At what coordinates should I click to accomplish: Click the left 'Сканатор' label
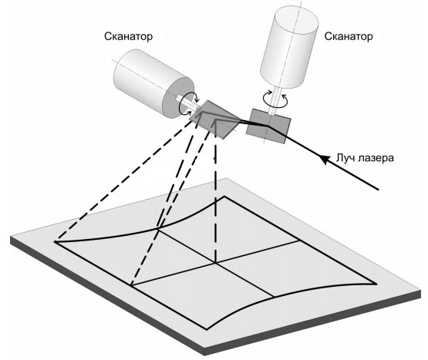[128, 36]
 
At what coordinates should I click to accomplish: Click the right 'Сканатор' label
[349, 36]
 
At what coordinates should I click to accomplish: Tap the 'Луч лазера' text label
[365, 158]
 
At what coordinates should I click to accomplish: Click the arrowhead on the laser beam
[324, 159]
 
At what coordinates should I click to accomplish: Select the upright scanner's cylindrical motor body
[289, 47]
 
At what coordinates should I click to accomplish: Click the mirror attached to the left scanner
[216, 119]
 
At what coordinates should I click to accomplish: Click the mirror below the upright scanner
[268, 126]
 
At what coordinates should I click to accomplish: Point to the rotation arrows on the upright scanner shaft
[275, 99]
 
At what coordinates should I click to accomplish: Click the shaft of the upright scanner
[275, 100]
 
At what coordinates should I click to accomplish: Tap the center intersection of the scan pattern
[216, 263]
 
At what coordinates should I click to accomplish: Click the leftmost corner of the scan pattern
[55, 241]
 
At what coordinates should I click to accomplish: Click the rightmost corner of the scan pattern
[378, 284]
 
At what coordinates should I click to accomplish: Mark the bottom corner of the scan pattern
[207, 330]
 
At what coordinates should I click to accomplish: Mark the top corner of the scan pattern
[224, 197]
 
